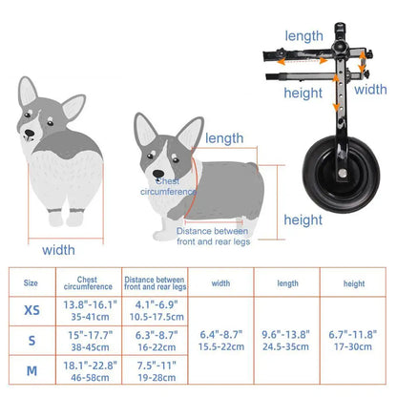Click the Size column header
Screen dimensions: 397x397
(x=31, y=282)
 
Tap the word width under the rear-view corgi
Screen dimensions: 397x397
(x=58, y=250)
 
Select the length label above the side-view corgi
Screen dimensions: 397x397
(x=224, y=137)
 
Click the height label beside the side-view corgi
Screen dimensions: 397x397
(x=303, y=219)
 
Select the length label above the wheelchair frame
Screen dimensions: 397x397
(x=303, y=35)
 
